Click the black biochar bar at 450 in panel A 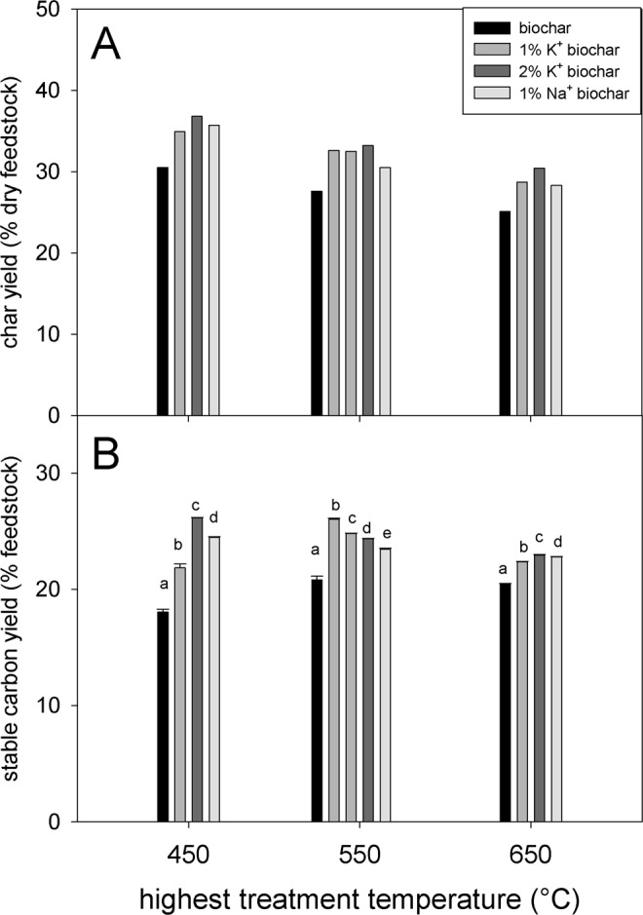[163, 291]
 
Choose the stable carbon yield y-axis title [17, 619]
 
